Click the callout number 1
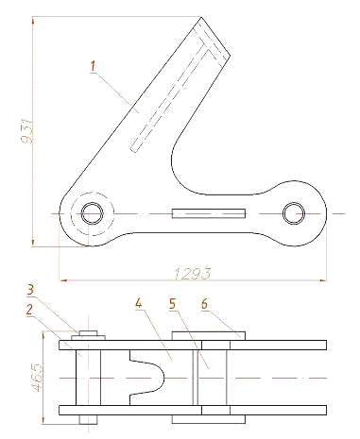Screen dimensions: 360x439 point(93,66)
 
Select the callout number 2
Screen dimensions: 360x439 point(29,311)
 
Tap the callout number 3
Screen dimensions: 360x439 point(30,290)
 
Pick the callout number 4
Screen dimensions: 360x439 point(139,303)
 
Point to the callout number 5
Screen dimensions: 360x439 point(173,304)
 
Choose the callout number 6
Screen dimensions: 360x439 point(205,304)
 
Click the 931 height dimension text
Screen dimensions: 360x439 point(26,131)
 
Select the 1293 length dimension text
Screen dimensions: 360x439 point(192,274)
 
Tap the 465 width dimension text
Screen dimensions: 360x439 point(37,378)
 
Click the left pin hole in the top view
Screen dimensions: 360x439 point(93,213)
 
